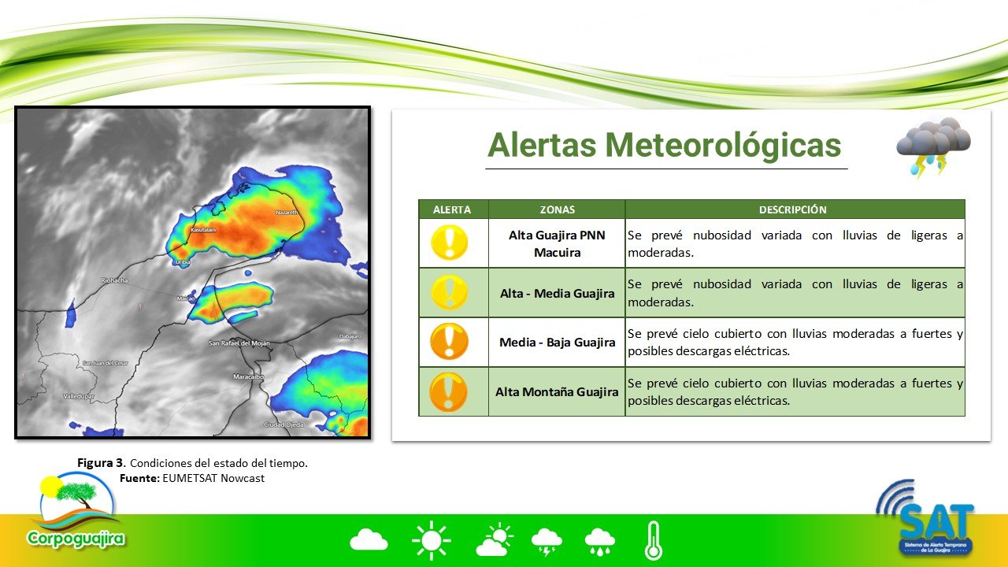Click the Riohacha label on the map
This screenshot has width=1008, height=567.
(115, 280)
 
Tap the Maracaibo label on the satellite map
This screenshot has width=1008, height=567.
(248, 377)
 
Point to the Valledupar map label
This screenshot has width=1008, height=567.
(79, 396)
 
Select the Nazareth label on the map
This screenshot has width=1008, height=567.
(287, 213)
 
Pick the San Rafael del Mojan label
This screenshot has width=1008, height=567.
(239, 343)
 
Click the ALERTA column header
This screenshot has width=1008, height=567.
(453, 209)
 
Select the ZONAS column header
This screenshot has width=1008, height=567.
(557, 209)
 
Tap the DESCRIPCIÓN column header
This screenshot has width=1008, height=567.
(794, 209)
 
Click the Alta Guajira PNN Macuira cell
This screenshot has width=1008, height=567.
(557, 243)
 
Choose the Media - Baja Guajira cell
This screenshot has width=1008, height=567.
(557, 343)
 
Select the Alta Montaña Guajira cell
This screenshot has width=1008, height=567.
(557, 391)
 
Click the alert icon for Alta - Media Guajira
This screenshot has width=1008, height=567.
(450, 293)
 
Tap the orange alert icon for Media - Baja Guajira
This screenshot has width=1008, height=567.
(450, 343)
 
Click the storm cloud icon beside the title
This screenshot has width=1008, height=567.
(933, 146)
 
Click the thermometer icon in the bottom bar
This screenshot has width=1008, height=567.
(653, 541)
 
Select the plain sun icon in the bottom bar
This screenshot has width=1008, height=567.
(431, 541)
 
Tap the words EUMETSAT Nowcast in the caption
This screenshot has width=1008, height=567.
(213, 477)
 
